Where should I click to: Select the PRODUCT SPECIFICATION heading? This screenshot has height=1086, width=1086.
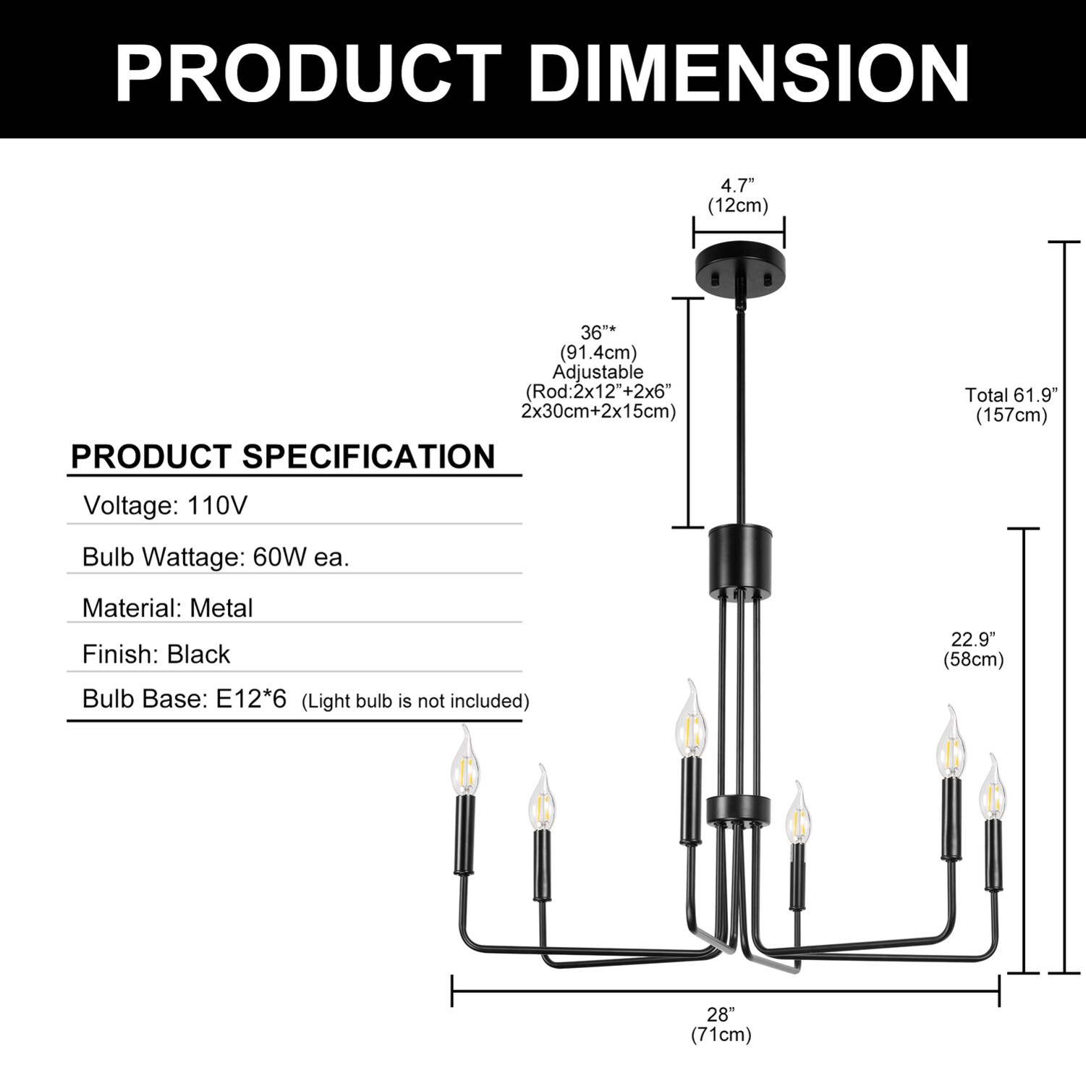[x=283, y=457]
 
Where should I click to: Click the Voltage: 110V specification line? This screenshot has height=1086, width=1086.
[x=166, y=505]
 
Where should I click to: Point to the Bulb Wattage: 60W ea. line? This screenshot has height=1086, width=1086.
[x=216, y=556]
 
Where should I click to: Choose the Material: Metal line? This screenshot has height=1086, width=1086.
[x=168, y=608]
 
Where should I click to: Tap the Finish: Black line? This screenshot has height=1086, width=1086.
[x=156, y=654]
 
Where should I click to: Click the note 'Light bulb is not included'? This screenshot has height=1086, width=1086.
[x=415, y=701]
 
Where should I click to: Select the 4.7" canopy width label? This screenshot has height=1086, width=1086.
[x=738, y=195]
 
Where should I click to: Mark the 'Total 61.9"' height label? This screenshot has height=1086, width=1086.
[x=1011, y=404]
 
